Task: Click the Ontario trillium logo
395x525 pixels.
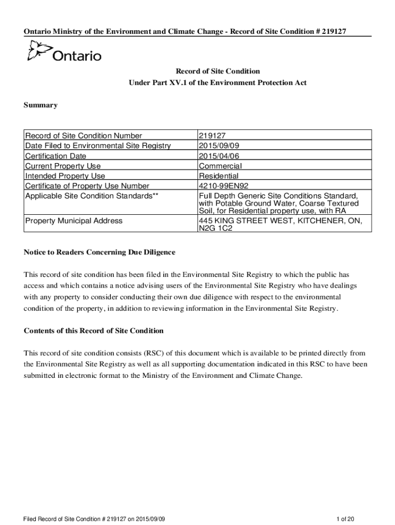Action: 39,52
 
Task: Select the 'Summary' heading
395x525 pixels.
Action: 41,106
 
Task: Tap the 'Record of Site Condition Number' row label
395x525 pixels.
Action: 84,136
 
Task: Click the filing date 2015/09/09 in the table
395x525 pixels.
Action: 219,146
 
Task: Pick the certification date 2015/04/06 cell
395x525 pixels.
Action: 219,156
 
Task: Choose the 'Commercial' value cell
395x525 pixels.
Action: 220,166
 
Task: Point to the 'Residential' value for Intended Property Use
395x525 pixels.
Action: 219,176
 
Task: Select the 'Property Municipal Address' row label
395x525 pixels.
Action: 74,221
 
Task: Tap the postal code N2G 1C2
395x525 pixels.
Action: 215,229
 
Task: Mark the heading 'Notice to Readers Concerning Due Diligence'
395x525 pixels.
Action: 100,252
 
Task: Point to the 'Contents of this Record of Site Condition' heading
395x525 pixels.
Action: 94,331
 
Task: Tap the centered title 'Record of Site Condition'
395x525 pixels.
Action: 218,71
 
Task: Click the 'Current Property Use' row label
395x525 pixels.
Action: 63,166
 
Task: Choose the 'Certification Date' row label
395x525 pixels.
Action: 56,156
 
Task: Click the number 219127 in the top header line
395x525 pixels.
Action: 332,32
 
